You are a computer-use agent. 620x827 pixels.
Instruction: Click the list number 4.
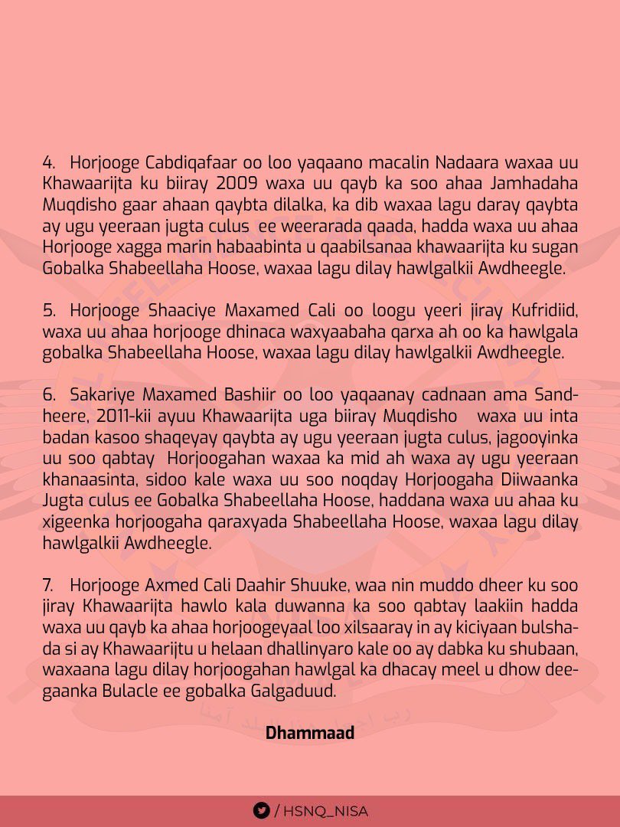pos(48,163)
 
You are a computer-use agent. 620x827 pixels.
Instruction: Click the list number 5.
pos(48,311)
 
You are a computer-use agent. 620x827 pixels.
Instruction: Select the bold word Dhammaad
pos(310,733)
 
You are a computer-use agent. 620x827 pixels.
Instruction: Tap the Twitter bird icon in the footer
pos(261,810)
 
